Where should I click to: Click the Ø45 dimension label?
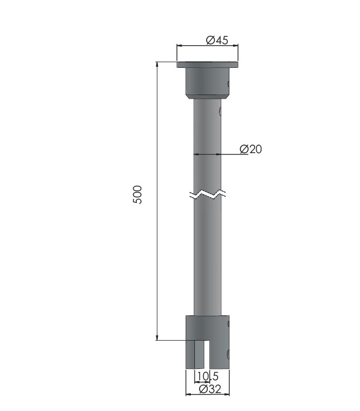pyautogui.click(x=217, y=40)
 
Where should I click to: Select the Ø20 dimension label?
pyautogui.click(x=250, y=149)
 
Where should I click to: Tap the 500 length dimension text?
pyautogui.click(x=137, y=195)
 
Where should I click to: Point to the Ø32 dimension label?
pyautogui.click(x=210, y=389)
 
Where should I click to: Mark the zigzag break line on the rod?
pyautogui.click(x=208, y=194)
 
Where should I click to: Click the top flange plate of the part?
pyautogui.click(x=207, y=65)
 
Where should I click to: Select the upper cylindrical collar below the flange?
pyautogui.click(x=208, y=81)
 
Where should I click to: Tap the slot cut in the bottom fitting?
pyautogui.click(x=207, y=354)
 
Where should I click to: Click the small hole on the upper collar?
pyautogui.click(x=228, y=84)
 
